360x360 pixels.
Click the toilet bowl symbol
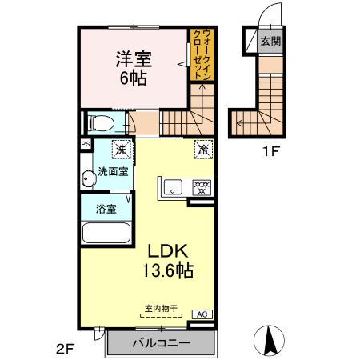[x=101, y=123]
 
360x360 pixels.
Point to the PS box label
[x=85, y=144]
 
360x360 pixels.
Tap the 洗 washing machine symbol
[x=121, y=149]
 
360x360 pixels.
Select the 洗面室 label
[x=114, y=172]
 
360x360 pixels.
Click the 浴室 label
[x=106, y=209]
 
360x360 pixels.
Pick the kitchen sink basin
[x=172, y=189]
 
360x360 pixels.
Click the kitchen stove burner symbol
[x=200, y=189]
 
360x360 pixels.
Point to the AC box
[x=202, y=314]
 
